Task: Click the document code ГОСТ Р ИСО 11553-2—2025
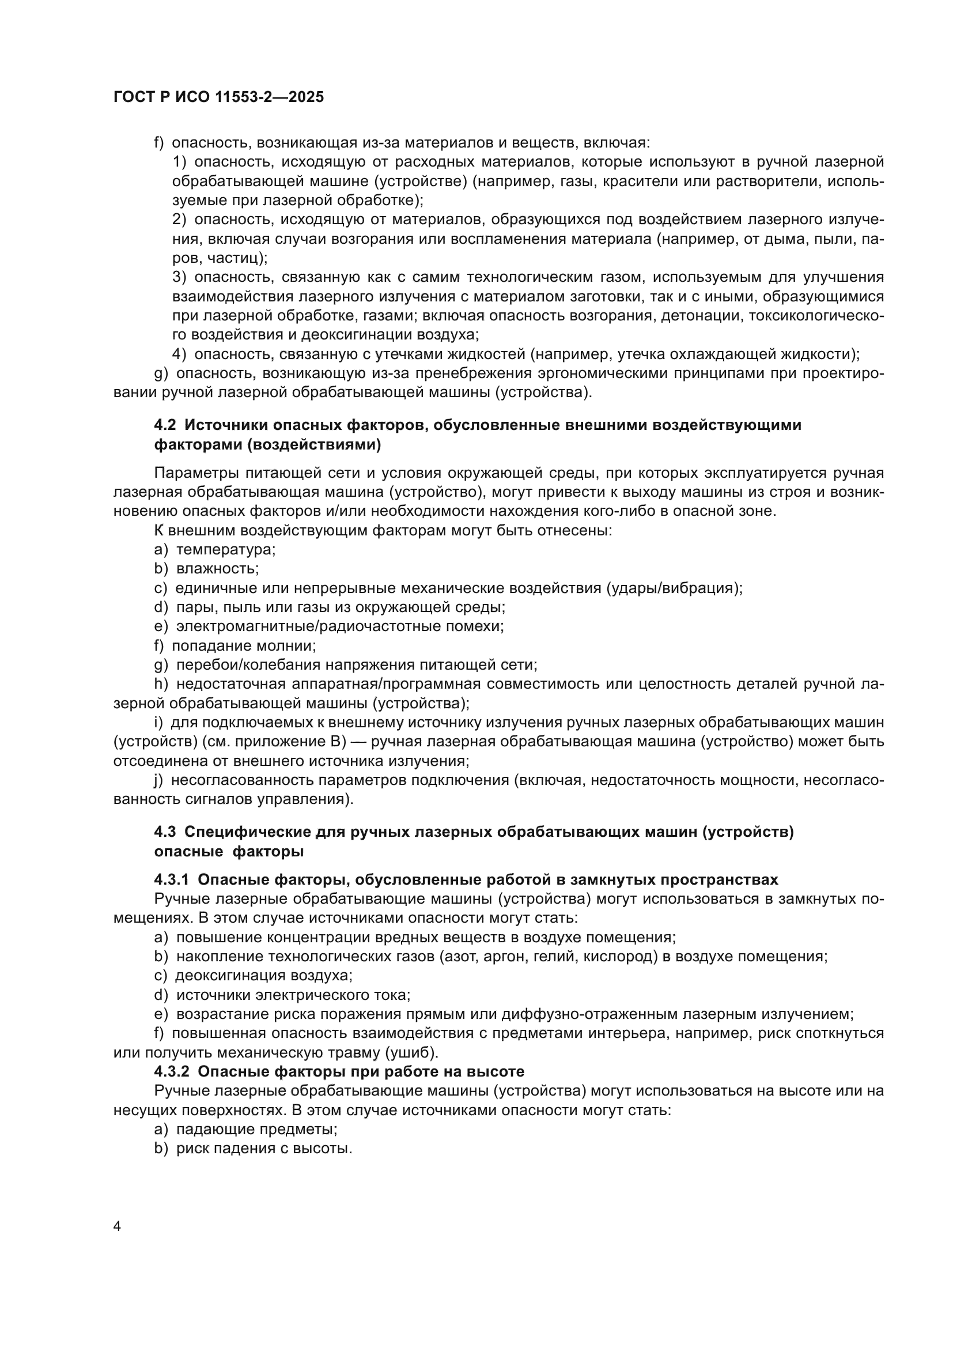[x=218, y=97]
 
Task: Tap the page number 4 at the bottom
[x=118, y=1226]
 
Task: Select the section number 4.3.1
[x=171, y=879]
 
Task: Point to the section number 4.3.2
[x=171, y=1071]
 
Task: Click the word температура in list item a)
[x=225, y=550]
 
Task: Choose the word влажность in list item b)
[x=217, y=568]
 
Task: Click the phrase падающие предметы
[x=256, y=1129]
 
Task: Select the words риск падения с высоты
[x=263, y=1149]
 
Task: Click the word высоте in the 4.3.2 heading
[x=494, y=1071]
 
